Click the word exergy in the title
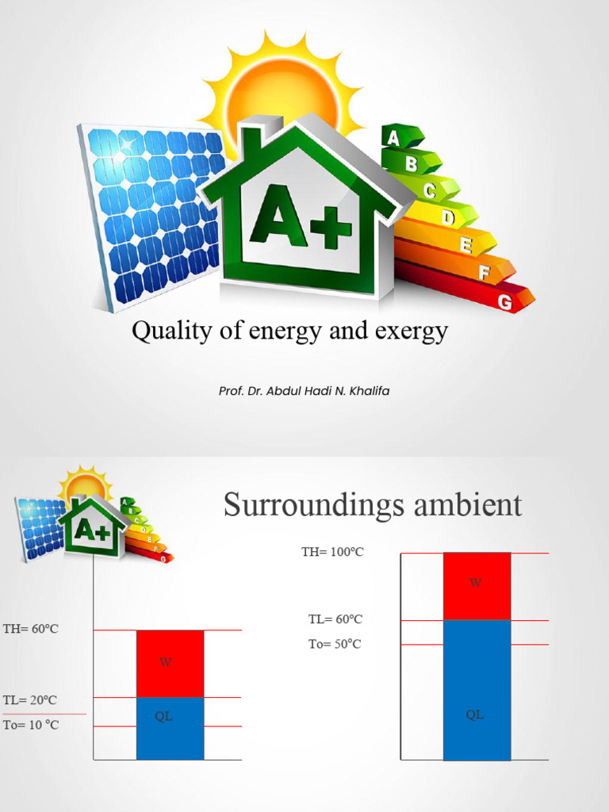click(x=409, y=331)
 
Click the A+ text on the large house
click(x=300, y=216)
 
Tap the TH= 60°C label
click(x=31, y=629)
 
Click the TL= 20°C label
click(x=30, y=700)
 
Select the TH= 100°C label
click(x=332, y=552)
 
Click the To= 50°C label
click(x=335, y=644)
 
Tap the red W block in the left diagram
click(x=170, y=663)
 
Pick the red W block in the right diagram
click(x=477, y=586)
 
